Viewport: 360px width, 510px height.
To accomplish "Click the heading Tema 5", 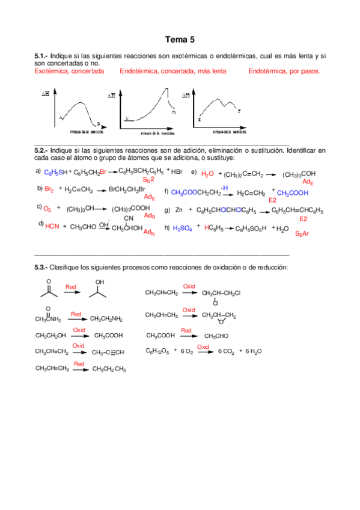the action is tap(180, 40).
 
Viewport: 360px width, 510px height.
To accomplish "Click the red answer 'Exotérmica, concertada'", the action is tap(69, 71).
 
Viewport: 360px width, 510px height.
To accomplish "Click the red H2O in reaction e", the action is tap(207, 174).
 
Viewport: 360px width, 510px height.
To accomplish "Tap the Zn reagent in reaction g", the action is tap(178, 210).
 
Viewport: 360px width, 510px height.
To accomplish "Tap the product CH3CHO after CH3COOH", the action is tap(217, 336).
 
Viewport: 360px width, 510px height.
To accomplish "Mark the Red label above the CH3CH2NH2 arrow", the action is tap(76, 314).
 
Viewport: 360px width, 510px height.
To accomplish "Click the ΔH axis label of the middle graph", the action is tap(111, 95).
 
